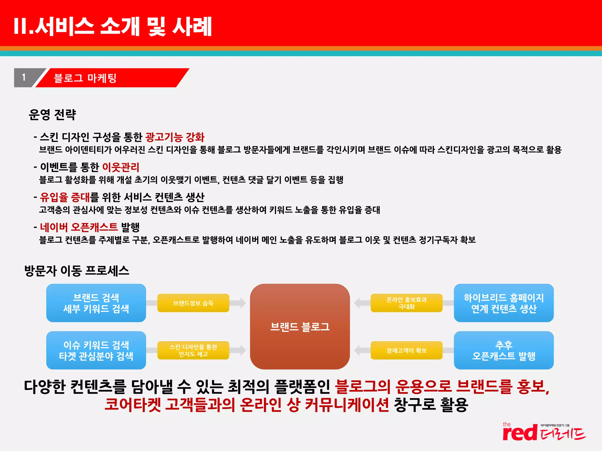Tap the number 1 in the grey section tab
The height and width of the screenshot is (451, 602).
(24, 78)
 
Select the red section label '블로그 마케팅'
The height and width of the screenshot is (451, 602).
(85, 78)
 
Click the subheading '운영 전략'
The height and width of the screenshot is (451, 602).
(52, 115)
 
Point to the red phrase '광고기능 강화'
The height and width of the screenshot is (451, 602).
(175, 137)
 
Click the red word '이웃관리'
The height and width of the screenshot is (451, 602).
(121, 167)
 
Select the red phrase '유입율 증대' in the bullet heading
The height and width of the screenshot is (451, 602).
(65, 197)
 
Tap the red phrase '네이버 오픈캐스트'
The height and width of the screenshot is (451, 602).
(79, 227)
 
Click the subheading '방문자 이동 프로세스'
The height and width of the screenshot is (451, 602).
(77, 271)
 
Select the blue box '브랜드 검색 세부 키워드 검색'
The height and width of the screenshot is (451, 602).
(96, 303)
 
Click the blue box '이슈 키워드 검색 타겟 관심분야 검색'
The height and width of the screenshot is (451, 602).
(96, 350)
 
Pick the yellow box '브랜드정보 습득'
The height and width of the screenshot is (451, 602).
(193, 303)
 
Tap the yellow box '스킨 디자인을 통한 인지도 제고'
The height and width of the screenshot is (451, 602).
(193, 350)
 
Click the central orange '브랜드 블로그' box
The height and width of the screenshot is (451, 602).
(300, 327)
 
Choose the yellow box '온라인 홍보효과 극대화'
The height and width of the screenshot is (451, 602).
(407, 303)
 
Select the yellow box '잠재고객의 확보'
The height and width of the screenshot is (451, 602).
(407, 350)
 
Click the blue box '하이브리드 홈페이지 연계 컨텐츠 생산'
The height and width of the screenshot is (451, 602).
(504, 303)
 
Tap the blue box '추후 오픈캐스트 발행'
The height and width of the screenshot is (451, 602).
(504, 350)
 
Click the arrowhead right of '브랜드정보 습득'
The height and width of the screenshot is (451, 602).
(242, 303)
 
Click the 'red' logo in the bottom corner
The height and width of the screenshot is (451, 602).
(520, 433)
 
